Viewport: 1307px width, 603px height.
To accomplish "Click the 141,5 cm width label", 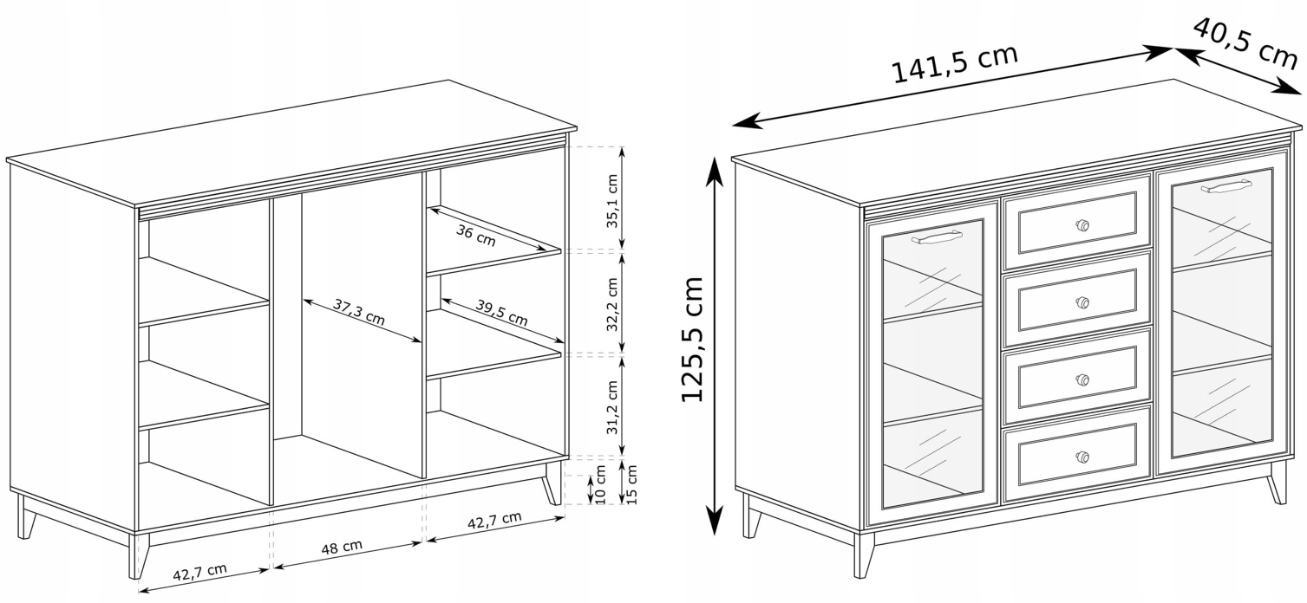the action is click(955, 63).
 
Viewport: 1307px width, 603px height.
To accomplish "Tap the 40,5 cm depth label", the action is click(1245, 42).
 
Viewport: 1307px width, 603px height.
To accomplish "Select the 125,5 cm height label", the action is click(693, 339).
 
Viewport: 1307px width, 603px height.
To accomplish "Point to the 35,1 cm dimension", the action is click(611, 201).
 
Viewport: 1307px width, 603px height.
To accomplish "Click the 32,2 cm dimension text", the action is click(611, 304).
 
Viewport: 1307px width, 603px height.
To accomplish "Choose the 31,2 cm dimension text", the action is click(611, 407).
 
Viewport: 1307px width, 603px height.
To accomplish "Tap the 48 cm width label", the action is click(342, 547).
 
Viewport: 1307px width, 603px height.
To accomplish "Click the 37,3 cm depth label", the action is click(359, 312).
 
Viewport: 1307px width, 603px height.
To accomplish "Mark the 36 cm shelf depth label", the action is click(475, 236).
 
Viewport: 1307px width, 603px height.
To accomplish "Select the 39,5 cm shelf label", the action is click(502, 313).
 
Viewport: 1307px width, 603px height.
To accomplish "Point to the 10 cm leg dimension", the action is click(600, 484).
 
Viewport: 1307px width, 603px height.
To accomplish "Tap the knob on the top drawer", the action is click(1082, 225).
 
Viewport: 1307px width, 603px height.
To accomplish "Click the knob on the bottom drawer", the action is click(1082, 457).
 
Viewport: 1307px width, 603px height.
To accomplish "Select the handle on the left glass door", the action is click(937, 237).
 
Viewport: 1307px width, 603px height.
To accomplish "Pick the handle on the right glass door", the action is click(1225, 186).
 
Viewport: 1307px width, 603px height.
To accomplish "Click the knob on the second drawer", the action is click(1082, 302).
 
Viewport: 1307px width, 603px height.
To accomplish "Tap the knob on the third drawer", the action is click(1082, 379).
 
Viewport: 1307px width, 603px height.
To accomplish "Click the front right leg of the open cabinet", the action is click(552, 483).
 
